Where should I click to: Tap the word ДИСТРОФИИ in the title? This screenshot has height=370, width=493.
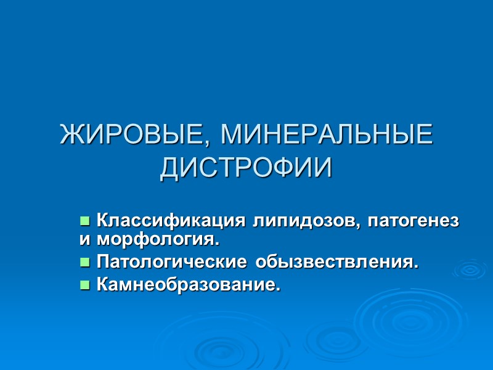(246, 168)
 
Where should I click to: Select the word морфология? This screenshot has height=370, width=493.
(155, 237)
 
